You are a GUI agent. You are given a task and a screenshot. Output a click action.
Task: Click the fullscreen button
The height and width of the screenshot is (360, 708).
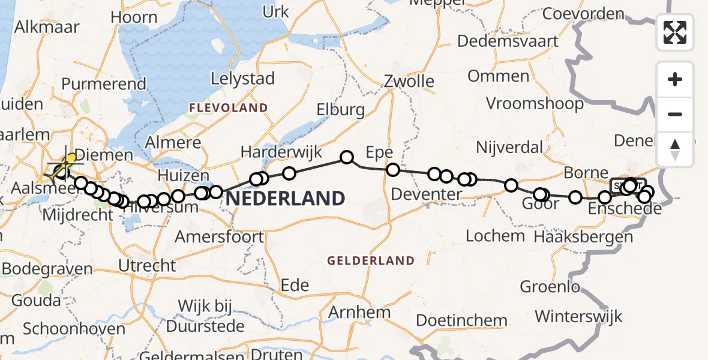675,32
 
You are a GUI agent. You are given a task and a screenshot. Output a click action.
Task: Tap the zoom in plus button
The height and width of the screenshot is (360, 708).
675,80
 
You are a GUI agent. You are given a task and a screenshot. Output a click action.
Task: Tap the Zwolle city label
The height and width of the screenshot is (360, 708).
409,81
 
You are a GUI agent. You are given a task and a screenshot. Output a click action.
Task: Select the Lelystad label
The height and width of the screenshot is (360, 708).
243,79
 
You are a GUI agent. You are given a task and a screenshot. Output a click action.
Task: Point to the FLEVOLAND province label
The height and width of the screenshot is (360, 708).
228,108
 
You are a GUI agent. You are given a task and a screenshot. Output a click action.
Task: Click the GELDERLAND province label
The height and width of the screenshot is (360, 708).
371,260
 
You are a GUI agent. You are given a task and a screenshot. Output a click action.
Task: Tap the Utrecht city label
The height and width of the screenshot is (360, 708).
148,265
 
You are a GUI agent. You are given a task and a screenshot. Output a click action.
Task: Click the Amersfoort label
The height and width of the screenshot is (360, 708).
219,237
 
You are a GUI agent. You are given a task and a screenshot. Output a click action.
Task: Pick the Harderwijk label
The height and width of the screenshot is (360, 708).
281,152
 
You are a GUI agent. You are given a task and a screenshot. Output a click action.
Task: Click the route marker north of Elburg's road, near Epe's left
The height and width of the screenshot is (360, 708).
347,157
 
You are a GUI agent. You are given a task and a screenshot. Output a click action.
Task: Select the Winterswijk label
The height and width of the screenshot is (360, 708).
578,316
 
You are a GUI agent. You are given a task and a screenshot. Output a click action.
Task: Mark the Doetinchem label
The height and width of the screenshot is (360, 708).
461,320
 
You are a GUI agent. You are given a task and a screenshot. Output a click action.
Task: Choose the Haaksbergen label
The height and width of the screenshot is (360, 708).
583,236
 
